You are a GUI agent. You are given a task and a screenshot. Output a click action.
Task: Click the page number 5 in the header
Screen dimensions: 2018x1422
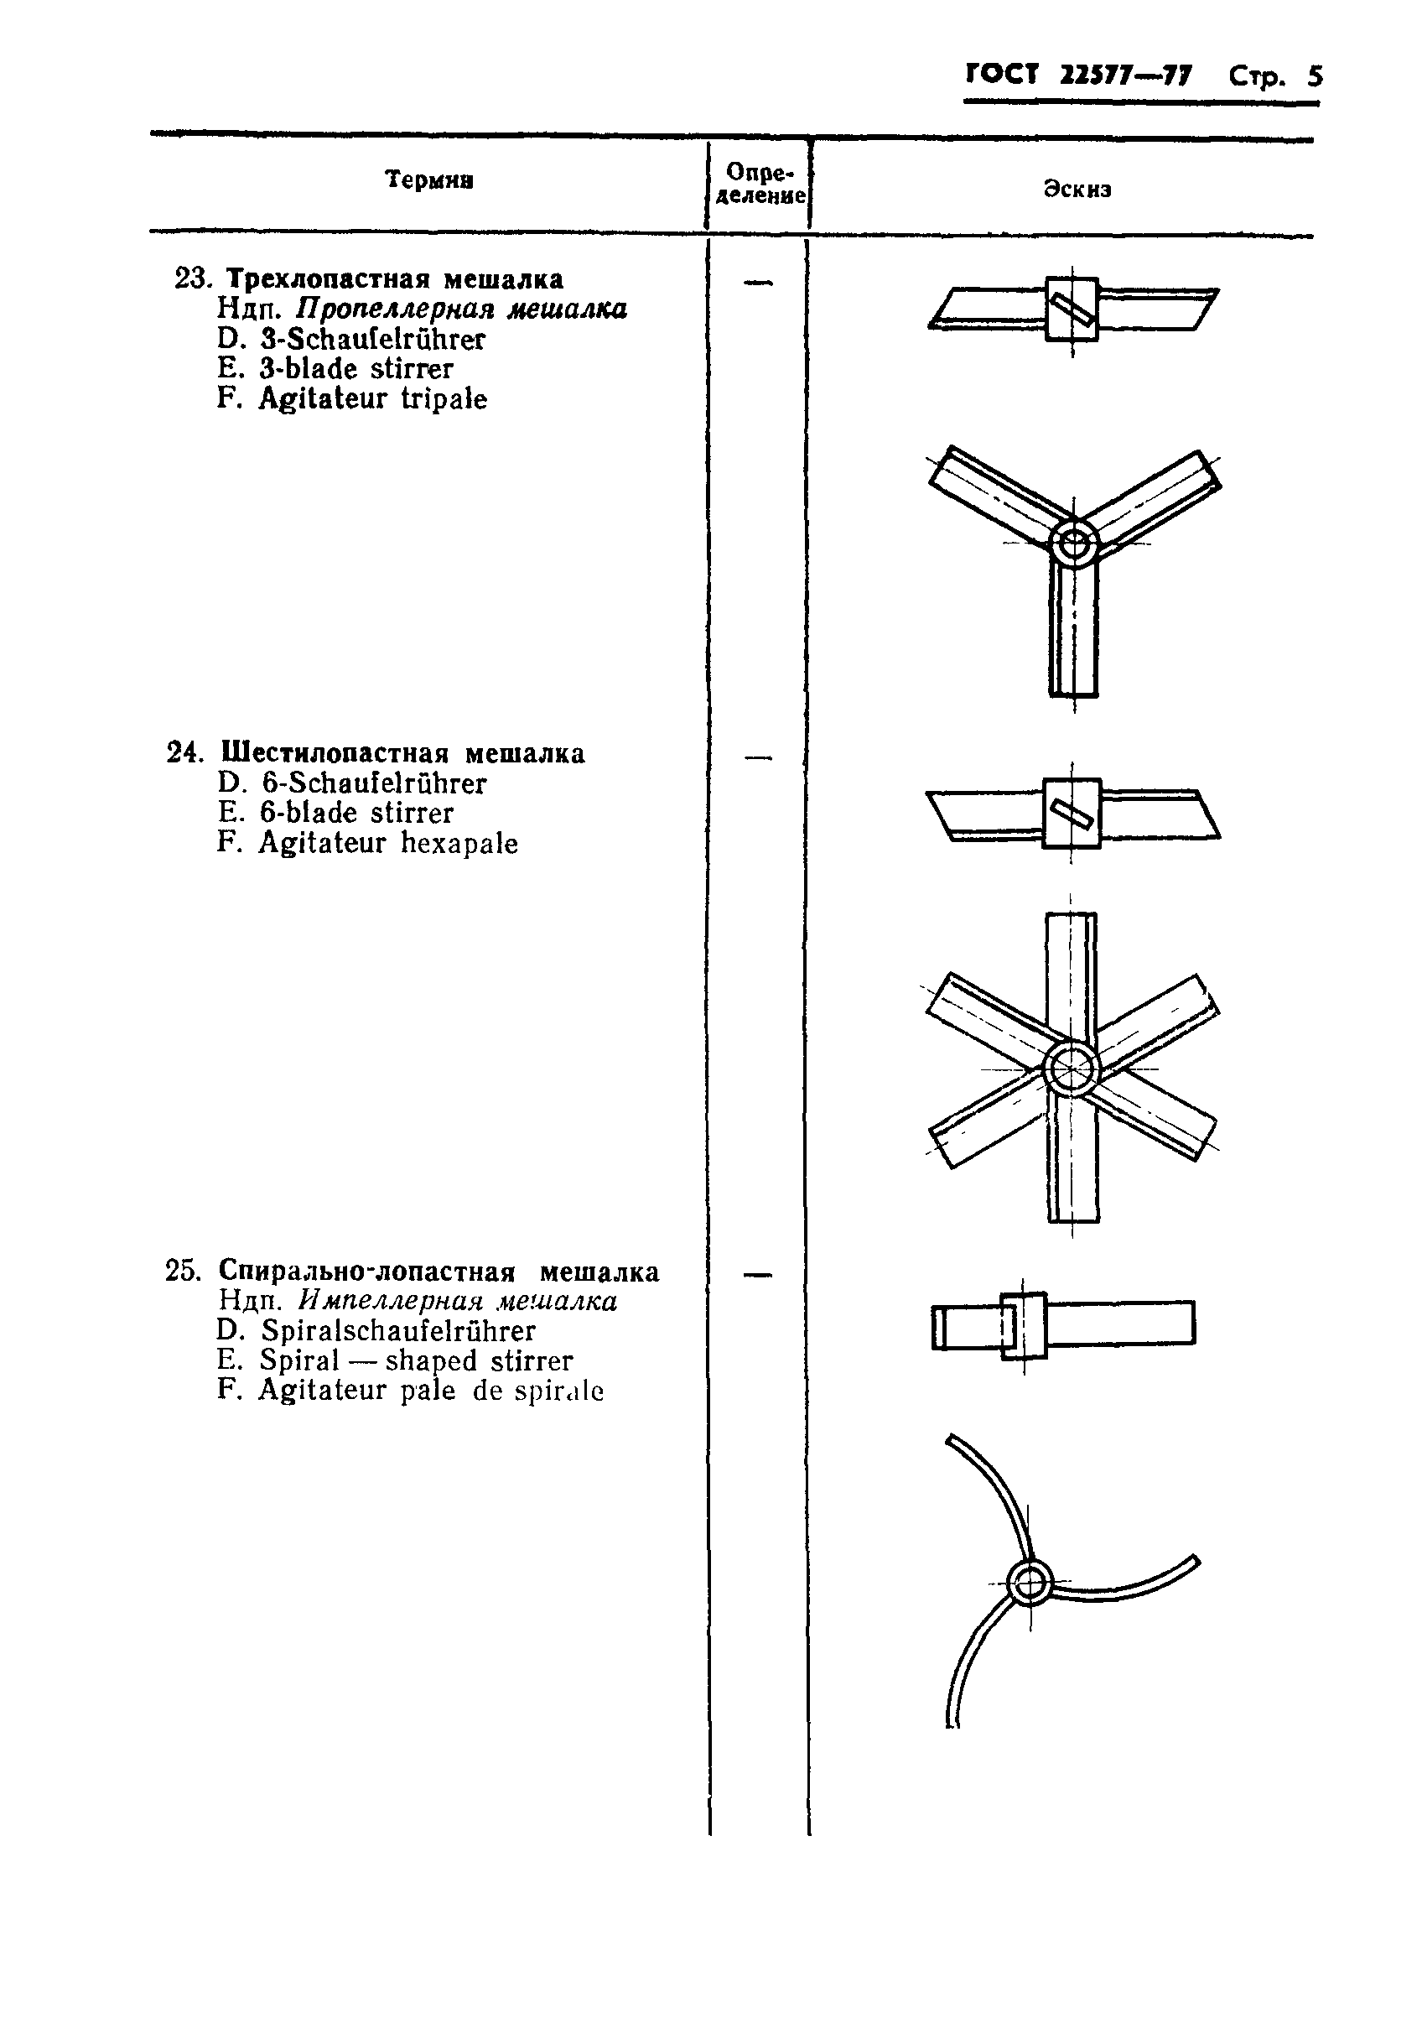1314,76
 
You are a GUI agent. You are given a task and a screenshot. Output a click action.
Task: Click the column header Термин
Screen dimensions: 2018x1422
430,180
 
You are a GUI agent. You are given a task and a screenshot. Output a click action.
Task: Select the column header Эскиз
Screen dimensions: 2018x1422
1077,189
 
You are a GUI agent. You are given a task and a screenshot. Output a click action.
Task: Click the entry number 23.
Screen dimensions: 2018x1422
193,279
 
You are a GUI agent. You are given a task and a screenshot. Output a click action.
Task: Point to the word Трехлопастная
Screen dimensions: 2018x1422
329,279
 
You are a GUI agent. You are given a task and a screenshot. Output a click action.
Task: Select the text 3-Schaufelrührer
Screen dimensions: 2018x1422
372,339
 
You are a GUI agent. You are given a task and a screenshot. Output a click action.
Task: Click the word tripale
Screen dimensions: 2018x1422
444,399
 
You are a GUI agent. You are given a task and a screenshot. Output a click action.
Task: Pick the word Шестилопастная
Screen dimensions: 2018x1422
334,753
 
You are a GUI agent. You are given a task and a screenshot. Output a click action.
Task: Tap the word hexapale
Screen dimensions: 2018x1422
459,844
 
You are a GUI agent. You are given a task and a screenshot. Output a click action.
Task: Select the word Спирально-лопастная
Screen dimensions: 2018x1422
366,1272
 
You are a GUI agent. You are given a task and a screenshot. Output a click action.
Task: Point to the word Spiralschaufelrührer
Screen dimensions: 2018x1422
398,1331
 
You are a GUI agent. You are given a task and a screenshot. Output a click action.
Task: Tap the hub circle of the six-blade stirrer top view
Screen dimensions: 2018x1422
1072,1069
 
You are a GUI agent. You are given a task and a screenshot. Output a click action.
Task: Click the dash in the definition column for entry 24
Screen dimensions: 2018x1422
758,757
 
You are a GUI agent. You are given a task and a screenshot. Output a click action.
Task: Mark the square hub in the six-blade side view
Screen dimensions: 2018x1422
1072,813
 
